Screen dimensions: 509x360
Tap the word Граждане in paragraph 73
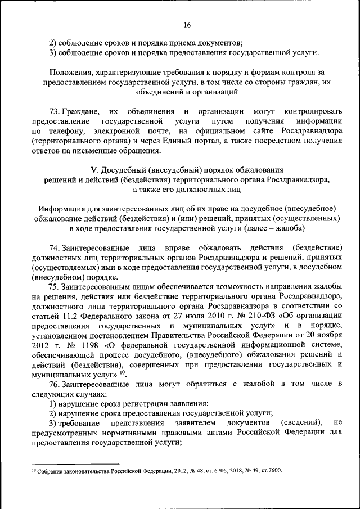(82, 111)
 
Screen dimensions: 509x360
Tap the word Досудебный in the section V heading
(129, 170)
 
